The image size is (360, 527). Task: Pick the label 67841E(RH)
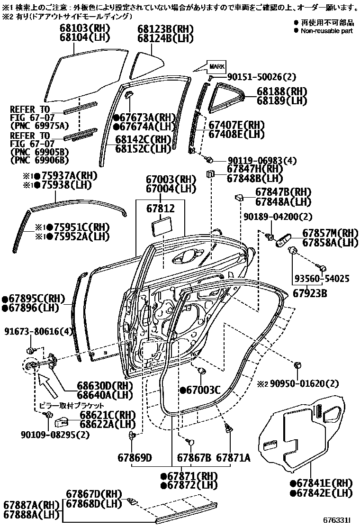pos(321,483)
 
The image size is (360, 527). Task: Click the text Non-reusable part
pos(327,30)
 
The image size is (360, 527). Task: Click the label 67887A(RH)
pos(31,504)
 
